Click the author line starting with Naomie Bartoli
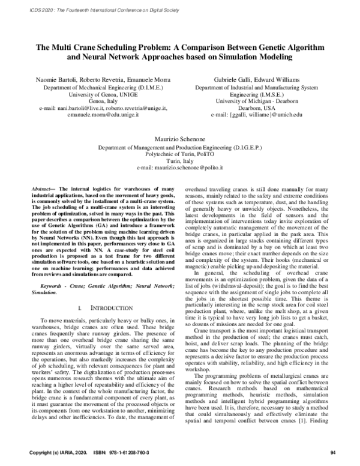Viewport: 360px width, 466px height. (100, 79)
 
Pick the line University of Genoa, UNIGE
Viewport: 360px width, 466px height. (100, 95)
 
